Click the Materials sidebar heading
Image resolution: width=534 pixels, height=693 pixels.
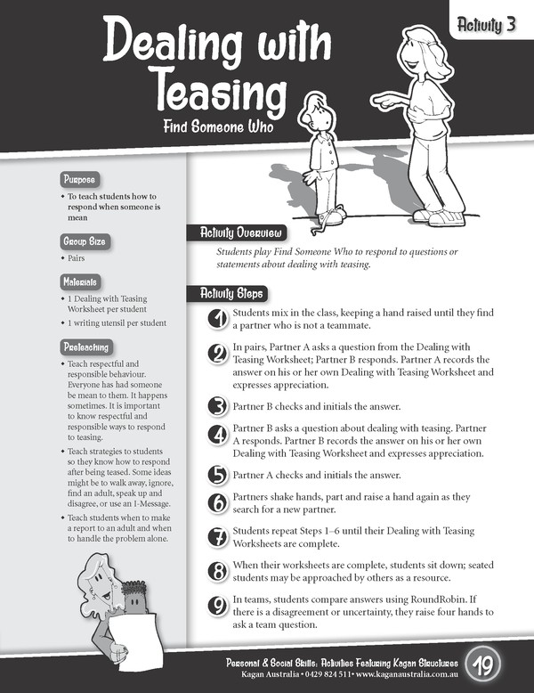81,281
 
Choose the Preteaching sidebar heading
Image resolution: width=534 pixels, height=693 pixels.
86,346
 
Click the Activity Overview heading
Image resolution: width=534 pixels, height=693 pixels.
229,233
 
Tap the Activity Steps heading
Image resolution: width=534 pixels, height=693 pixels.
222,293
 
